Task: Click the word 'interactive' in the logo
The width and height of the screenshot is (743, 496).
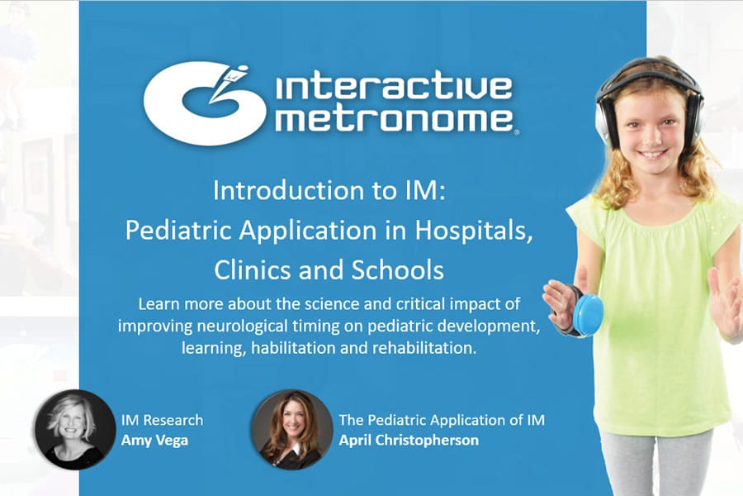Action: [393, 88]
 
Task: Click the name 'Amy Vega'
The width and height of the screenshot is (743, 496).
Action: [154, 440]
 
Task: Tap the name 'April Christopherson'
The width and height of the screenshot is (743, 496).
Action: [408, 440]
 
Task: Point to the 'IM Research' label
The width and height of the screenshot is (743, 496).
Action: [162, 420]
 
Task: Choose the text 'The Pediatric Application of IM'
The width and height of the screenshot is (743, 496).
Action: [442, 420]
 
